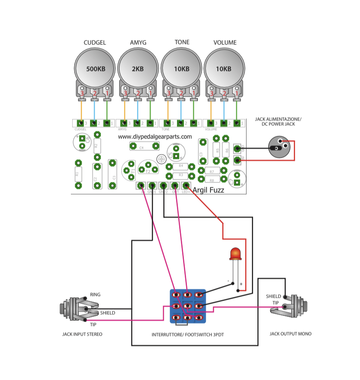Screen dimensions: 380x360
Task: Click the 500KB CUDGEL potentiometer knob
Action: (95, 69)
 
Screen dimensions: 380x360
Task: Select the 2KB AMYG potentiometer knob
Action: (137, 69)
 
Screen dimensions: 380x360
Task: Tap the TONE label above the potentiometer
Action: (182, 42)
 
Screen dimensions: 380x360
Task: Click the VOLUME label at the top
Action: (225, 43)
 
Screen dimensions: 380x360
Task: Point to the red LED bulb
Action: (235, 253)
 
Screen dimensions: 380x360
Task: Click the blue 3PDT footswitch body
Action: (187, 306)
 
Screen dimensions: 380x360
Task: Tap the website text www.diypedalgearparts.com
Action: (155, 137)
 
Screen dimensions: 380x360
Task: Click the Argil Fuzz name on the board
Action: (208, 190)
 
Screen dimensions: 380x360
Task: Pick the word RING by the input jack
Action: (95, 295)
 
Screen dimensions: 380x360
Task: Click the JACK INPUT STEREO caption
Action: (82, 334)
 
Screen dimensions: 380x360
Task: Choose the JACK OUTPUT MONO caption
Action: (290, 334)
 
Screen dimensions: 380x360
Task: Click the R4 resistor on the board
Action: (180, 166)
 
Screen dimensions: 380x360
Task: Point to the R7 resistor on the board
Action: (212, 171)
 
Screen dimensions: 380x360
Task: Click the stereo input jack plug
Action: (74, 309)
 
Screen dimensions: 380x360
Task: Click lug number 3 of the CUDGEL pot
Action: (82, 93)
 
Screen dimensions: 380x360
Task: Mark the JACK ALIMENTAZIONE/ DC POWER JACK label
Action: (278, 122)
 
